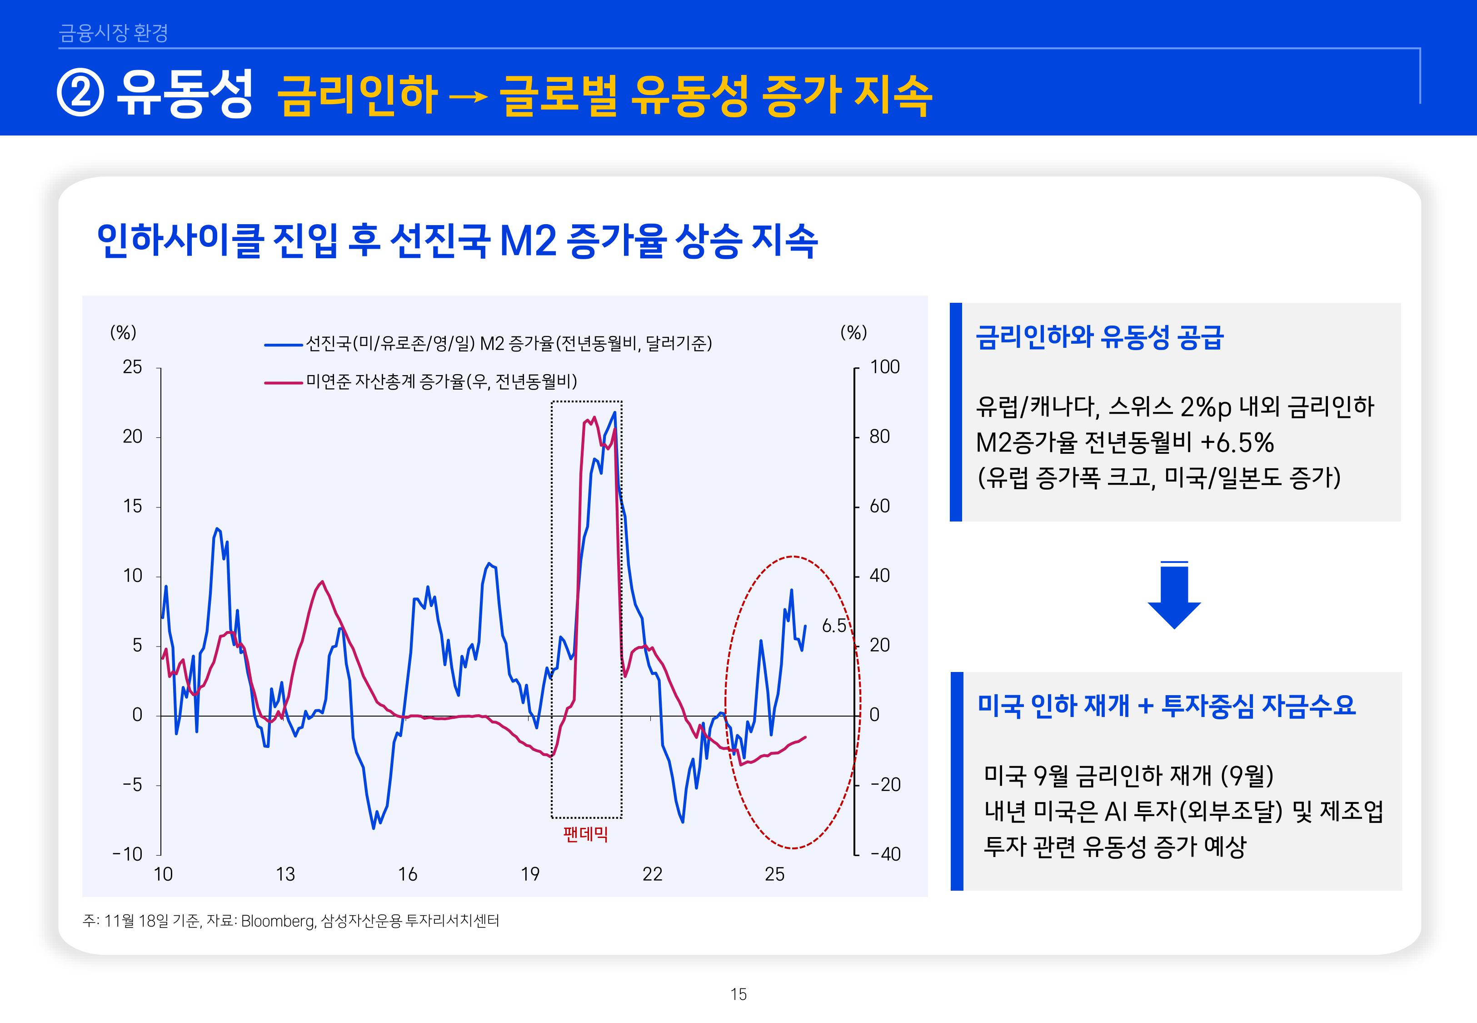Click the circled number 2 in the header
[x=80, y=94]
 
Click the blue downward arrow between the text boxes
[x=1173, y=596]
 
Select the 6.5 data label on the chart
[x=833, y=626]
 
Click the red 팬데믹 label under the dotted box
[x=585, y=834]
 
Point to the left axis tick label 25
[x=133, y=367]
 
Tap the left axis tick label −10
[x=128, y=854]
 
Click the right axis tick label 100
[x=884, y=367]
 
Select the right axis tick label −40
[x=886, y=854]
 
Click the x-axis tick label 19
[x=530, y=874]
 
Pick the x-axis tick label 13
[x=285, y=874]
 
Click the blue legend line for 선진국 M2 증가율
[x=283, y=345]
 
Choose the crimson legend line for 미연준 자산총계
[x=283, y=383]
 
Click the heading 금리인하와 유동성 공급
[x=1099, y=337]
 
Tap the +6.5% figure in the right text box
[x=1237, y=442]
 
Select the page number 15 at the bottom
[x=738, y=994]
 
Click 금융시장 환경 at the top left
[x=113, y=33]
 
